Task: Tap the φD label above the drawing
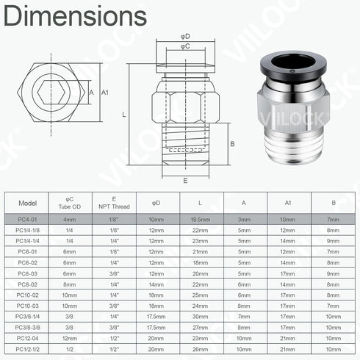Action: pos(186,35)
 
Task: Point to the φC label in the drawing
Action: pos(186,46)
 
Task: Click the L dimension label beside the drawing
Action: pos(124,115)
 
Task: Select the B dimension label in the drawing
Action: pos(232,144)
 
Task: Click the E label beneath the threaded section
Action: pos(186,179)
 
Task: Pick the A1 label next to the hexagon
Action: pos(105,92)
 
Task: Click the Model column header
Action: pos(26,202)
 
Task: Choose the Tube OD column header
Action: pos(69,207)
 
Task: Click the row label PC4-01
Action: pos(26,220)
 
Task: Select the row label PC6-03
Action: pos(26,272)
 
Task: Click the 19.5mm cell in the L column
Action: pos(200,220)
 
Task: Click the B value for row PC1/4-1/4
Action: pos(333,240)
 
